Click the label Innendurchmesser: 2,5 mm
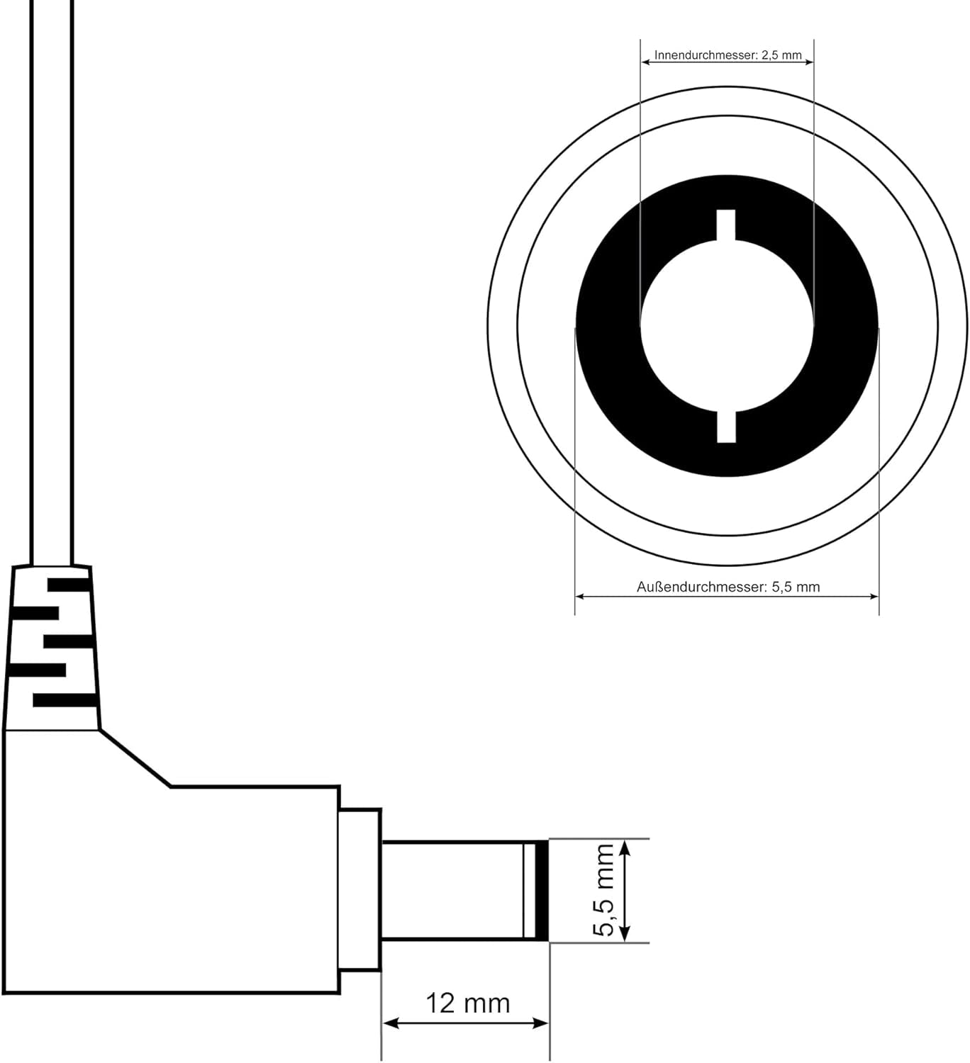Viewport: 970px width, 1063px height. (x=727, y=55)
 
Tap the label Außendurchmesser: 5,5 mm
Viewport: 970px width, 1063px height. (x=728, y=587)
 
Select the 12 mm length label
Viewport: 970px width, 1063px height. (x=467, y=1003)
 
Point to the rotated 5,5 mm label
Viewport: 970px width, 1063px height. (x=603, y=890)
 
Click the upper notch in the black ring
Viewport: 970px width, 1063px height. (x=726, y=225)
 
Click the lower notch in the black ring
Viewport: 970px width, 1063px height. (x=726, y=427)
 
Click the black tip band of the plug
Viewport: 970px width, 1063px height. (x=542, y=890)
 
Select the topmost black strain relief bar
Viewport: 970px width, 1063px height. (x=69, y=585)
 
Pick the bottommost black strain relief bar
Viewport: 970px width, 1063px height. (x=65, y=699)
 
